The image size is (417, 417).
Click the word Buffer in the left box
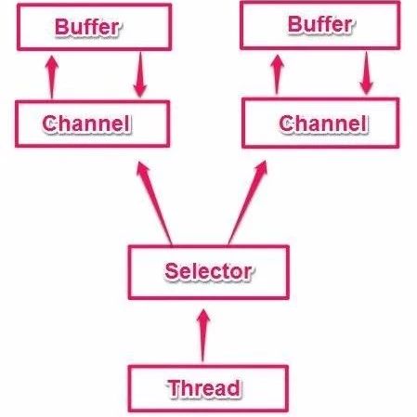(x=86, y=27)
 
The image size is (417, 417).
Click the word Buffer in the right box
(x=319, y=24)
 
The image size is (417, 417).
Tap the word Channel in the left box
(x=85, y=124)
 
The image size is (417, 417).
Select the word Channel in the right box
(x=323, y=124)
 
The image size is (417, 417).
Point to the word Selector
(x=208, y=271)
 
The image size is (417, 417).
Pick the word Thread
(x=204, y=388)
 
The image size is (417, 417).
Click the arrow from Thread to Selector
(x=203, y=335)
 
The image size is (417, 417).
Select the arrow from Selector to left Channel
(x=154, y=202)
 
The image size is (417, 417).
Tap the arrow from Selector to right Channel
(x=248, y=202)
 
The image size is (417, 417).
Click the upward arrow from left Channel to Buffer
(x=52, y=77)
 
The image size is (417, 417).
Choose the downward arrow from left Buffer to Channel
(x=140, y=74)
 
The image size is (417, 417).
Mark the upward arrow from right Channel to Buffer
(x=278, y=74)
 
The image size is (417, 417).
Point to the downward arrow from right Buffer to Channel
(x=367, y=72)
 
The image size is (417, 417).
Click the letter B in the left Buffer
(x=61, y=27)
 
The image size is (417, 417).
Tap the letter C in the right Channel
(x=286, y=124)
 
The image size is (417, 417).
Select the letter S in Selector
(x=171, y=271)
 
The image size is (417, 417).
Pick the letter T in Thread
(x=175, y=388)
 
